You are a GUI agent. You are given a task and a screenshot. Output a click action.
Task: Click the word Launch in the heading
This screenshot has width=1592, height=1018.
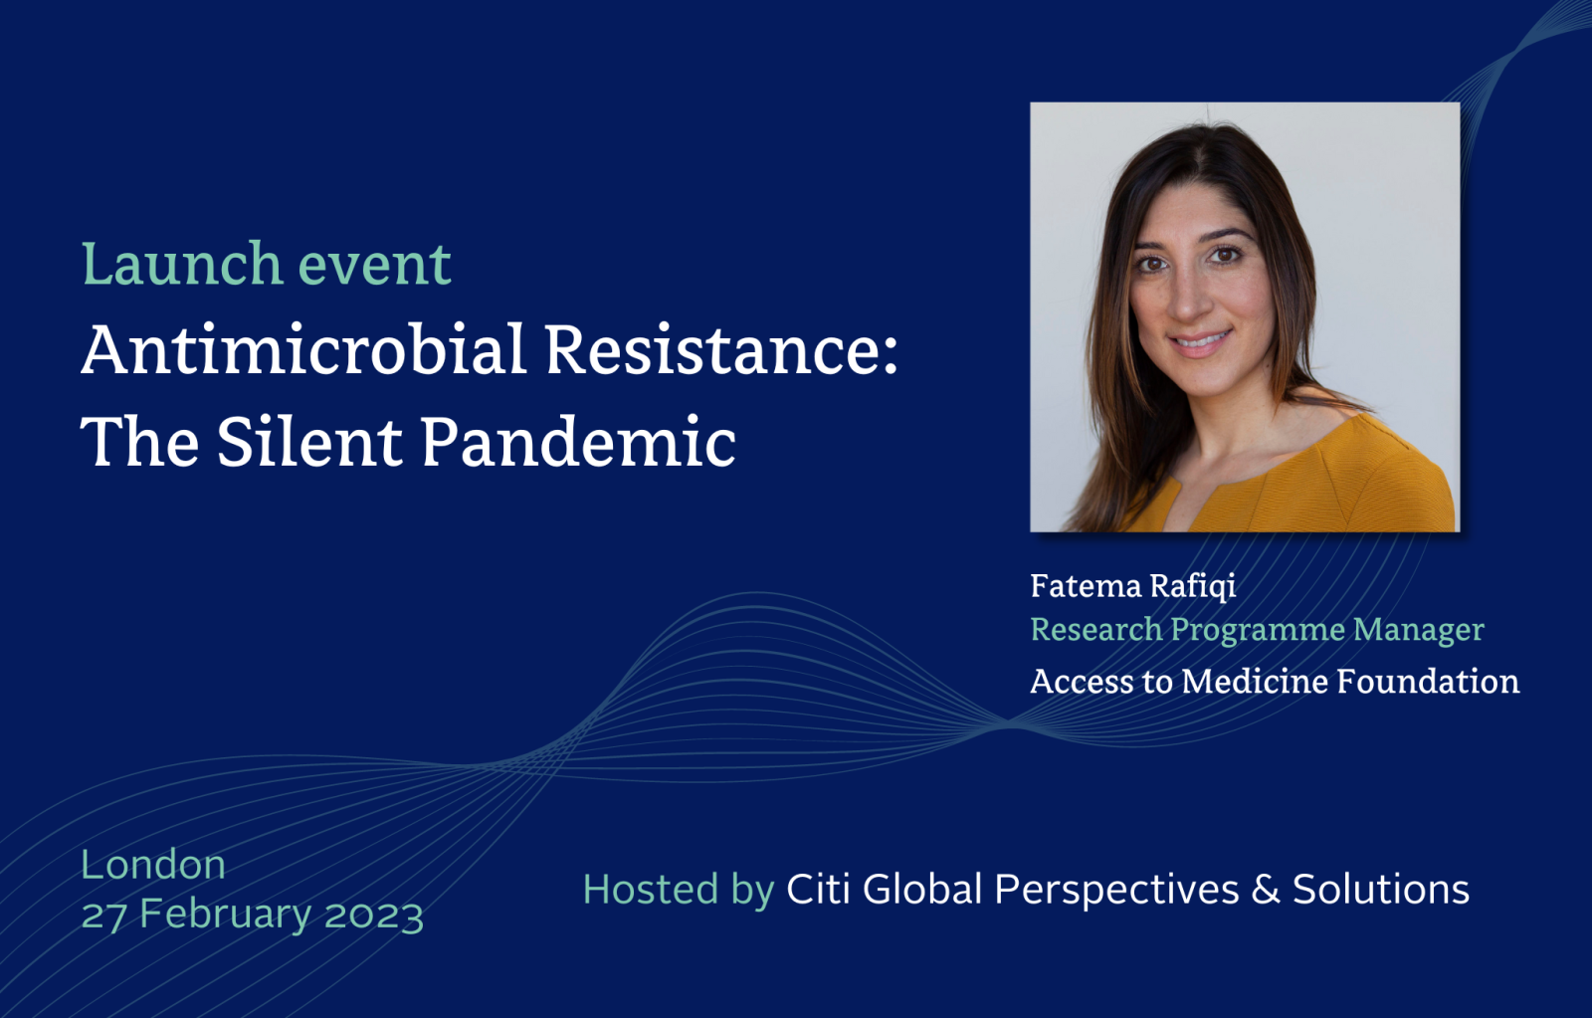(x=182, y=264)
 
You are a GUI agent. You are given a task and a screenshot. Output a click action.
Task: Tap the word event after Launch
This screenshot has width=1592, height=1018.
(x=374, y=266)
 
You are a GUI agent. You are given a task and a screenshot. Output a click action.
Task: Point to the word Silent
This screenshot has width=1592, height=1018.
(x=309, y=441)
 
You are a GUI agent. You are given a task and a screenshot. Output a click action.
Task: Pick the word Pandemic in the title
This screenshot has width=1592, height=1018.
(x=578, y=441)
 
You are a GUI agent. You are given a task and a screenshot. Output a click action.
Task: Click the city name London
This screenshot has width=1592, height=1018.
(x=153, y=865)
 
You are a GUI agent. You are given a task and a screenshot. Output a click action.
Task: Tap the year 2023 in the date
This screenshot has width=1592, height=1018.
(x=374, y=915)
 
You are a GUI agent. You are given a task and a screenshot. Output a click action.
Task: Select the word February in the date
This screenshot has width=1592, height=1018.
(x=225, y=915)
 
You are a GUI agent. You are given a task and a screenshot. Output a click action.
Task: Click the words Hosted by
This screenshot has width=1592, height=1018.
(x=678, y=890)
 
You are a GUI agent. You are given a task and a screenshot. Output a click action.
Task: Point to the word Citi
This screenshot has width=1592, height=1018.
(x=818, y=889)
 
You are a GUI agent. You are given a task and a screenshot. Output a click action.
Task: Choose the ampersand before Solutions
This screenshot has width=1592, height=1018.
(x=1265, y=889)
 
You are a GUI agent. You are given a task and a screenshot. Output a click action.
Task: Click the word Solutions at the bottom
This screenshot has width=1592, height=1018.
(x=1381, y=889)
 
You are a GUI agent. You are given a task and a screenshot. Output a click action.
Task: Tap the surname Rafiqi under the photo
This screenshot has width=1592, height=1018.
(x=1193, y=586)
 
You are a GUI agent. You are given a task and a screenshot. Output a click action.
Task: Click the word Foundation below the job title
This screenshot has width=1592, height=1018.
(x=1429, y=681)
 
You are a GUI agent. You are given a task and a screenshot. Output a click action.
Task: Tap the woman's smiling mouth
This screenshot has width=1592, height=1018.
(x=1200, y=342)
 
